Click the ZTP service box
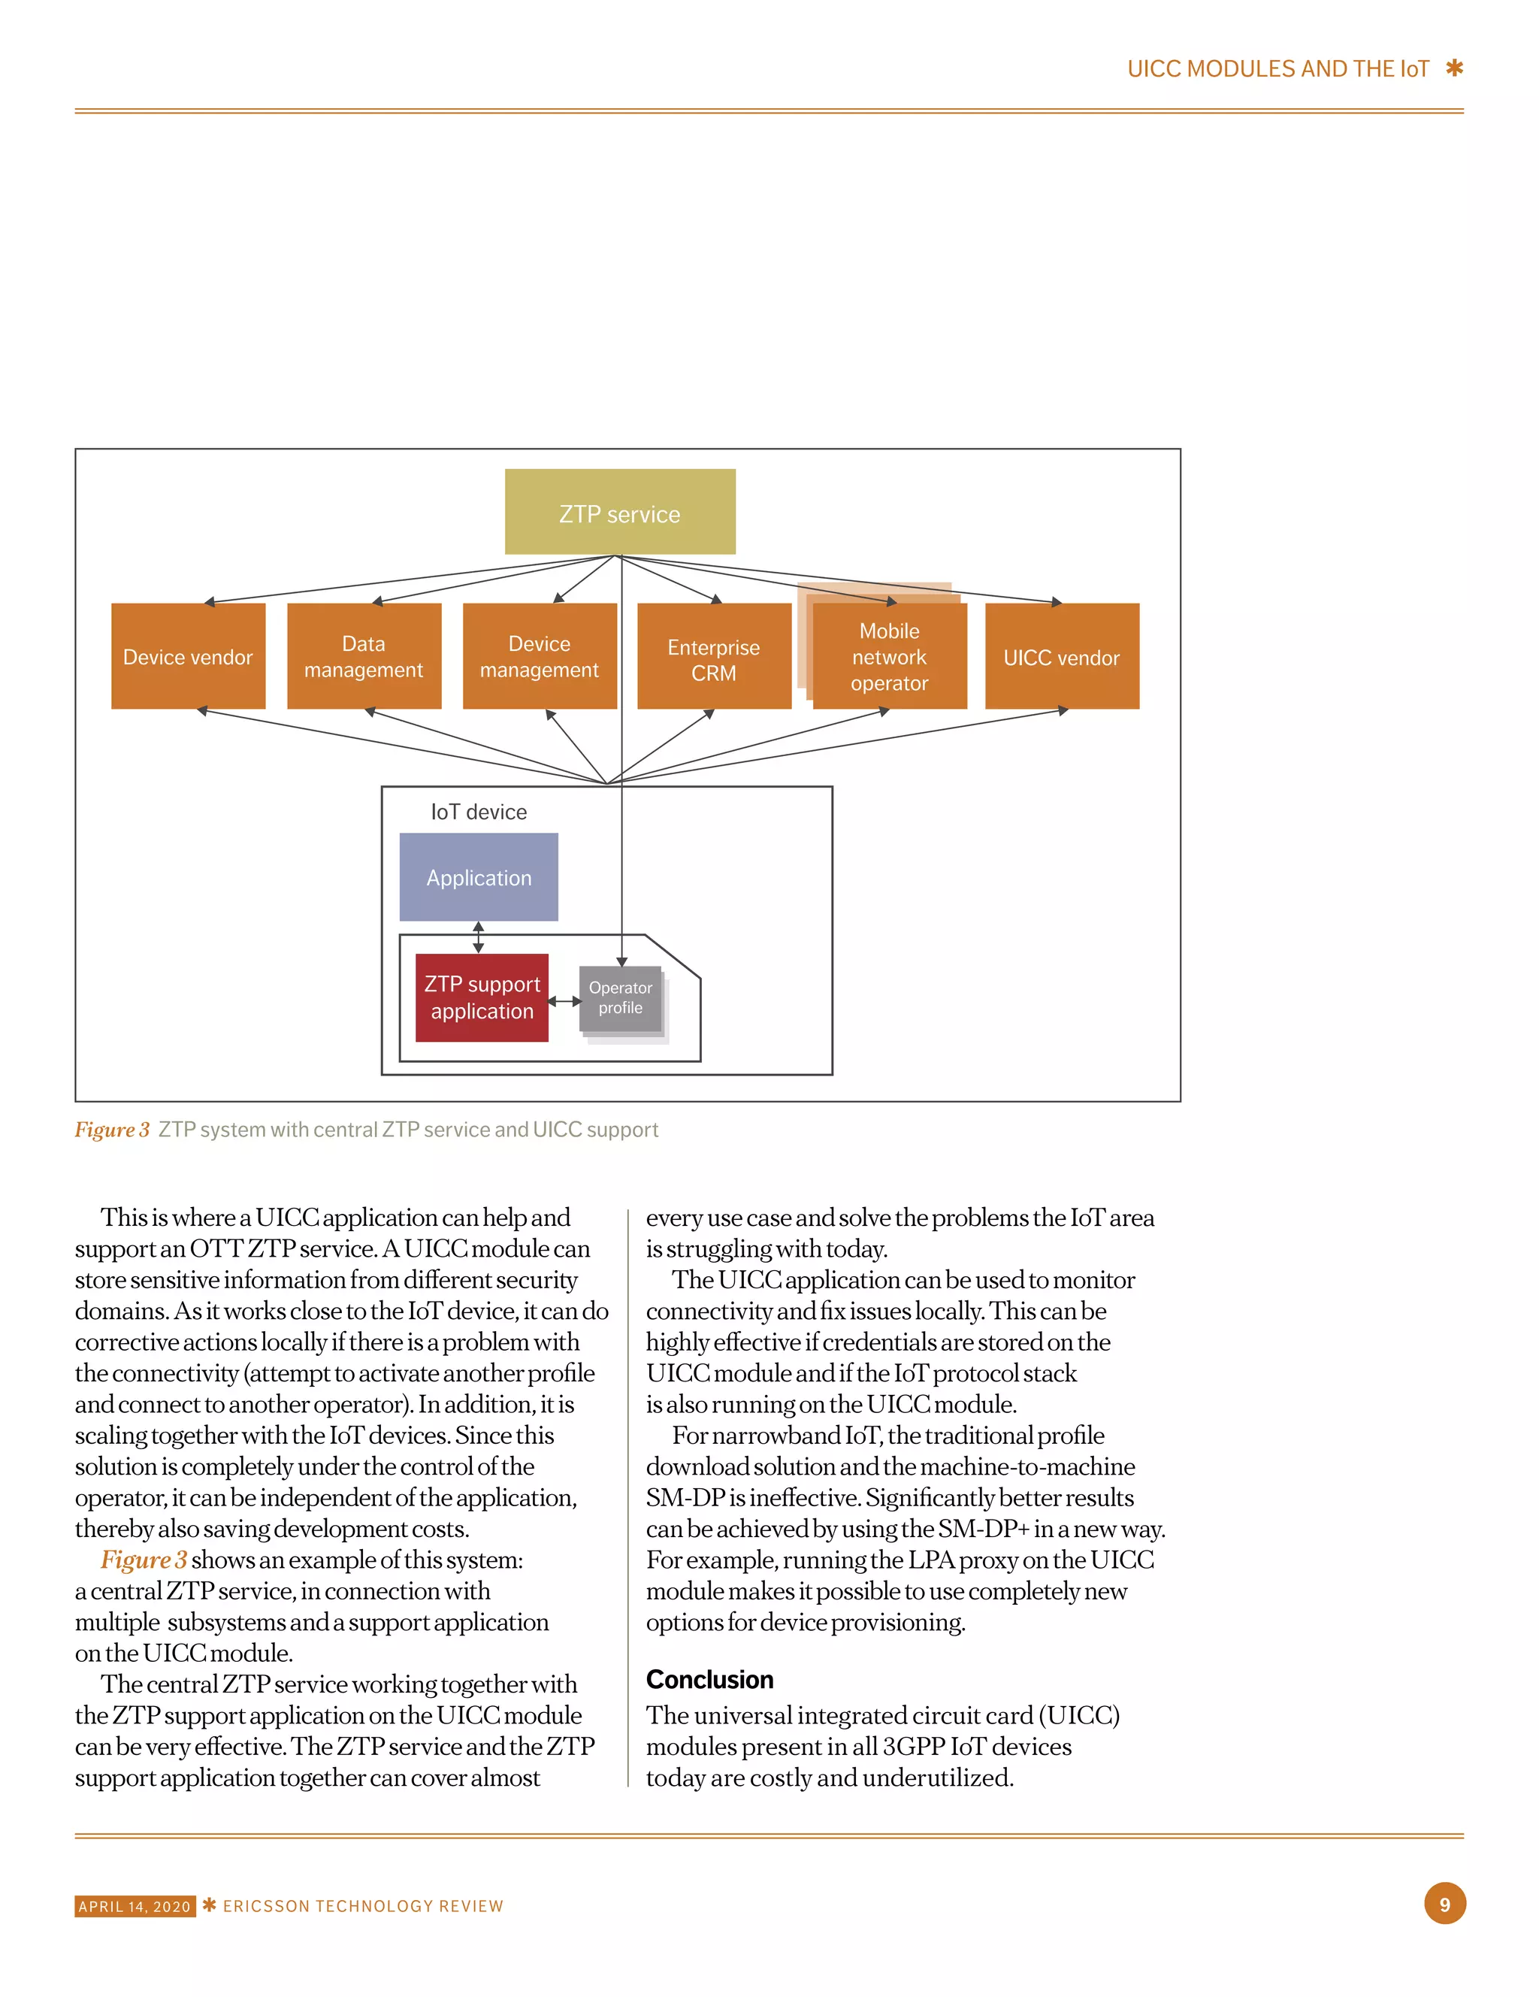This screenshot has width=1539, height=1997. (619, 512)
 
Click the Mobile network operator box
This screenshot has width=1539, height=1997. (889, 657)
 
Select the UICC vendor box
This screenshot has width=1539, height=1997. (1062, 657)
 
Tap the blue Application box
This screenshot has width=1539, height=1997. (478, 877)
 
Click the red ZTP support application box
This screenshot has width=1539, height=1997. (482, 997)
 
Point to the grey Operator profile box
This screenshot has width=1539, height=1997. (620, 998)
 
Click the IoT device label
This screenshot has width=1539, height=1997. (478, 812)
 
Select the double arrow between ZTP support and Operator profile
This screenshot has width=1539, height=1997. (564, 1002)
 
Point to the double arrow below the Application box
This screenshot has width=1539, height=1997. (478, 937)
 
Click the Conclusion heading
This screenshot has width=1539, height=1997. (709, 1680)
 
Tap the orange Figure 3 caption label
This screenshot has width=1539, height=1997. (111, 1130)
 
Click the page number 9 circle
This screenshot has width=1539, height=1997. (1445, 1905)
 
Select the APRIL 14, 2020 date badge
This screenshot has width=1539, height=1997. (135, 1907)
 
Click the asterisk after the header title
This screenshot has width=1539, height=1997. (1454, 68)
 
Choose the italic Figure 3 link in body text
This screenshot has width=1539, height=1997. (144, 1560)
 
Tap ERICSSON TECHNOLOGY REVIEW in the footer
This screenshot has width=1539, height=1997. (363, 1907)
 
